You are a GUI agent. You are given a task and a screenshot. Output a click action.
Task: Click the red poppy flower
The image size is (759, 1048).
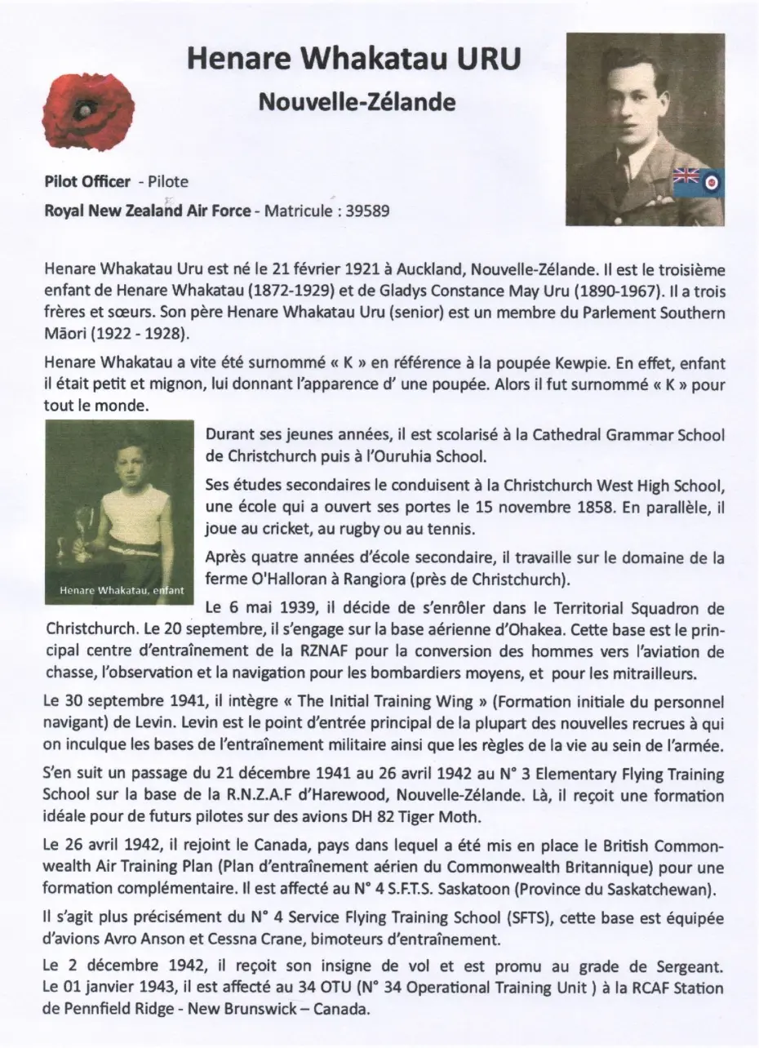(87, 110)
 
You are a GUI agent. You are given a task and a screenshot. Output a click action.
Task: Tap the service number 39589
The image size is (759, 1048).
(367, 211)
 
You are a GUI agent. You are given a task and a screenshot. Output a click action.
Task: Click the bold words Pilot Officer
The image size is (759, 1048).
(87, 181)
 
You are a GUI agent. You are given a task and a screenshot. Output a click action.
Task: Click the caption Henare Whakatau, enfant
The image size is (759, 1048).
(120, 589)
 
